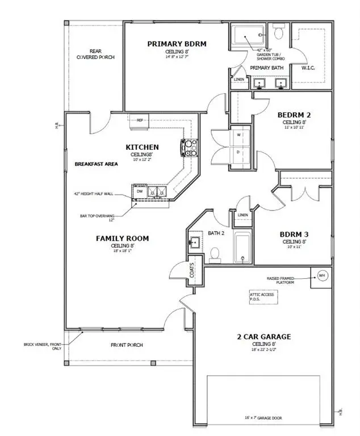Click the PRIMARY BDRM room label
coord(176,44)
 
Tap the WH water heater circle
coord(322,275)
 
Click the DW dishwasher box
coord(139,192)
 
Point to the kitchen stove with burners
coord(189,148)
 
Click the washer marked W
coord(238,135)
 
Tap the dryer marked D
coord(238,152)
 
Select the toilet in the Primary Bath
coord(277,31)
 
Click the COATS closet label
coord(192,270)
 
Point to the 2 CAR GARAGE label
coord(264,337)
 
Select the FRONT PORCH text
coord(126,345)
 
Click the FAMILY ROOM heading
coord(122,238)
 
